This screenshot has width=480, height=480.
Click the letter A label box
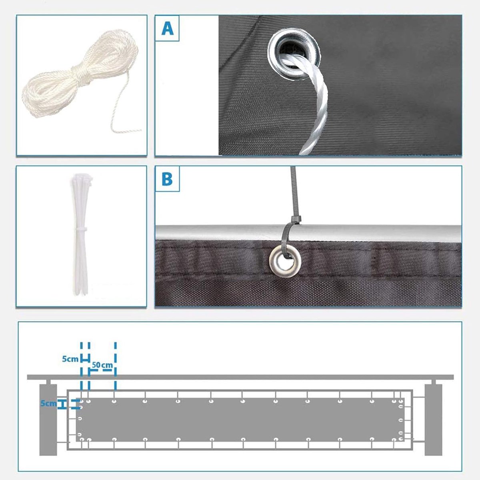click(167, 28)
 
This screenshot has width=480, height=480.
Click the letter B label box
click(167, 179)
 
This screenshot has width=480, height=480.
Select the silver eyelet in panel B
click(285, 261)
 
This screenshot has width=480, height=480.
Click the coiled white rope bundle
click(80, 75)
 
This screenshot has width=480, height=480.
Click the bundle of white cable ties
click(80, 235)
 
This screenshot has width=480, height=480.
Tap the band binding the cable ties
click(80, 229)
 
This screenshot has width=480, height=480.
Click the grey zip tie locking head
click(296, 220)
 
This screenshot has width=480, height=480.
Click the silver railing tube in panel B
click(308, 233)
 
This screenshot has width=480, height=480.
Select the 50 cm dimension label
click(102, 365)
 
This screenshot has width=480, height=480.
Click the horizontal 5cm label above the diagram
click(70, 359)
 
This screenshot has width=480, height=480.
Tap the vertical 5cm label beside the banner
click(48, 403)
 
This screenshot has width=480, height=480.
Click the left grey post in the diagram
click(48, 420)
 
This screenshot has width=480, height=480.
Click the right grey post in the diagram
click(434, 420)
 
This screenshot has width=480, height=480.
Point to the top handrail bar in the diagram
click(240, 377)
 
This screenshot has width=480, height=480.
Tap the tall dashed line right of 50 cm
click(115, 366)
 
